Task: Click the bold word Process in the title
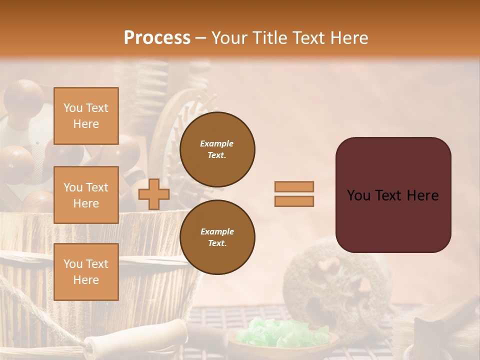point(157,38)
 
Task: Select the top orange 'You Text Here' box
point(86,116)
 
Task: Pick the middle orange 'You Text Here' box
point(86,195)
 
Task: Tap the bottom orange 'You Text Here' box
point(86,272)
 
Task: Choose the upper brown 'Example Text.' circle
point(217,149)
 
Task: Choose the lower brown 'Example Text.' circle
point(217,237)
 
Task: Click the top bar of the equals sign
point(294,187)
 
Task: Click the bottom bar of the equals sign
point(294,201)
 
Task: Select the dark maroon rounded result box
point(393,195)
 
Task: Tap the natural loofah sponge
point(330,285)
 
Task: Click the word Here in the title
point(349,38)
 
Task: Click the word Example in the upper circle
point(216,143)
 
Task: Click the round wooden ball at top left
point(23,97)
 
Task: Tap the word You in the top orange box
point(73,108)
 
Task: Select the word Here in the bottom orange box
point(86,280)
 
